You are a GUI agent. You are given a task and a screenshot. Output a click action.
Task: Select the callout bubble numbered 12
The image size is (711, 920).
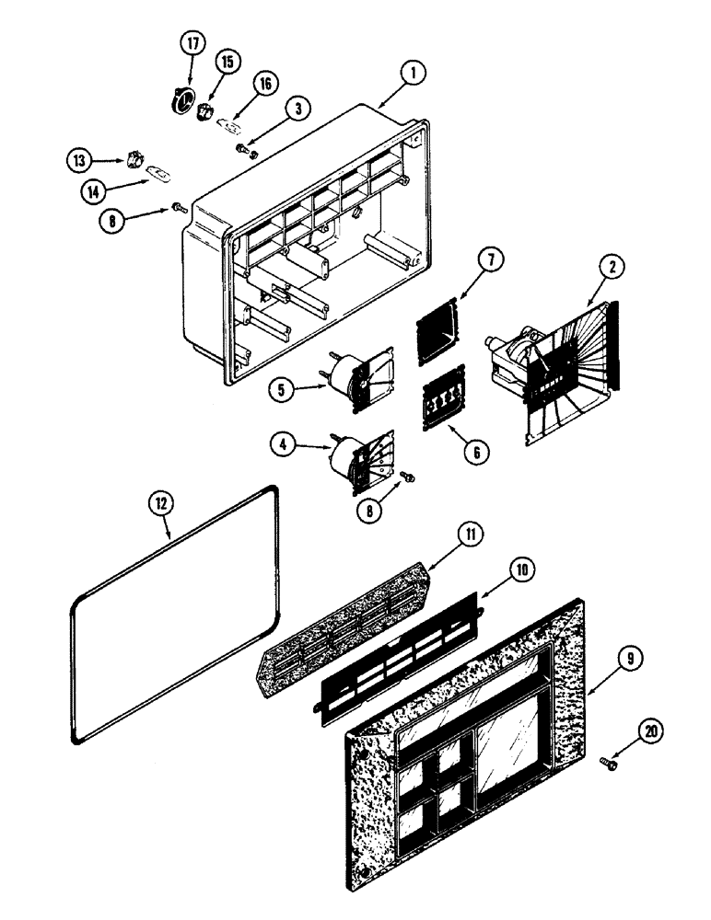click(x=161, y=503)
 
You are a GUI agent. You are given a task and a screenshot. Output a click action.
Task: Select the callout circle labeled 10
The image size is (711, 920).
click(x=520, y=570)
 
